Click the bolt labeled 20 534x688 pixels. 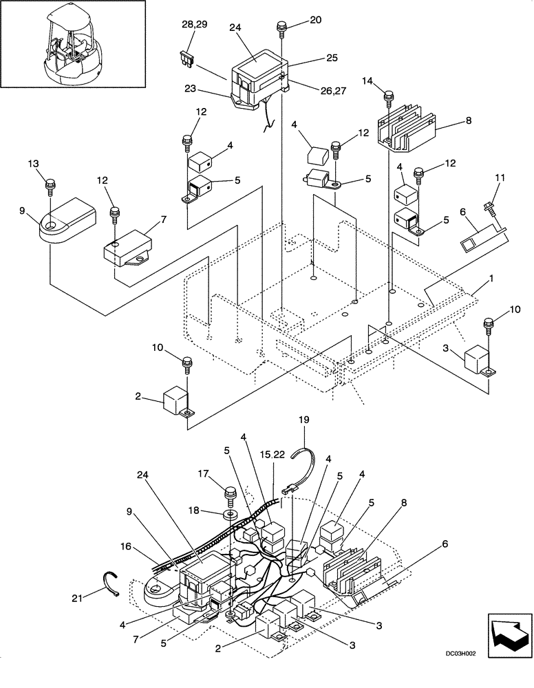[x=282, y=28]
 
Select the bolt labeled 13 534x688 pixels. [x=50, y=186]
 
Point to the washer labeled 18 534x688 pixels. [x=230, y=512]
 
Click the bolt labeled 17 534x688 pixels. [x=230, y=495]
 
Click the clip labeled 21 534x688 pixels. [x=113, y=581]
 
